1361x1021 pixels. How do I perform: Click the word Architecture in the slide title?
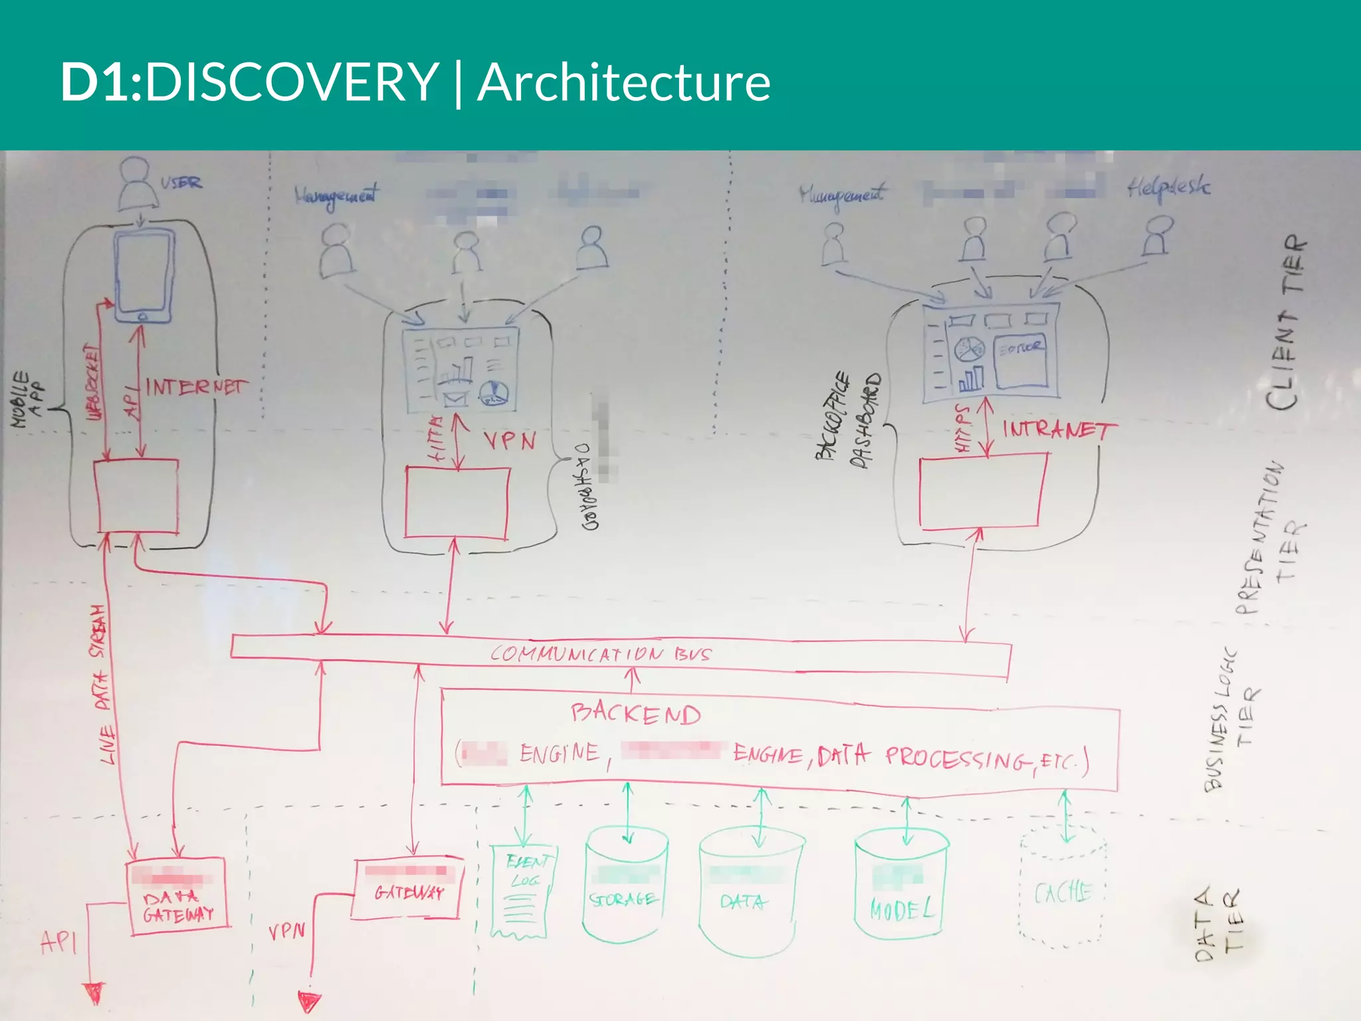623,82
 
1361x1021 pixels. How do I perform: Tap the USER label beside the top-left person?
181,182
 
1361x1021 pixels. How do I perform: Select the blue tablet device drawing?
144,276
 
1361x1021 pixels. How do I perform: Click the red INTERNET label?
195,386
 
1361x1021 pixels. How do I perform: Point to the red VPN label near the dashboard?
509,440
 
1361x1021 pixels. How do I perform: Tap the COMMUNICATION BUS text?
600,654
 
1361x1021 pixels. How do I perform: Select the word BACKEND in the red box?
635,714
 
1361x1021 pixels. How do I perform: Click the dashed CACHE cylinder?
1063,891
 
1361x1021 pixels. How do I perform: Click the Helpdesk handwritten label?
1168,189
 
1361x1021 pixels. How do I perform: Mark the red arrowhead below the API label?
96,993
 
